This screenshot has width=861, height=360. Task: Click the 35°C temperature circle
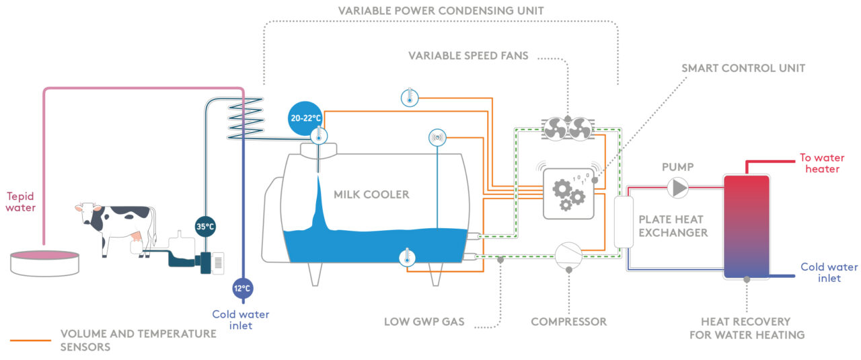pyautogui.click(x=205, y=226)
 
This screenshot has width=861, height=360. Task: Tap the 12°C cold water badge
pyautogui.click(x=242, y=288)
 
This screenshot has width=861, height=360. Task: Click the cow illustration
pyautogui.click(x=118, y=225)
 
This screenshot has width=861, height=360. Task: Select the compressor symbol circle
pyautogui.click(x=569, y=254)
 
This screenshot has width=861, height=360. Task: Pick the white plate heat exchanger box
pyautogui.click(x=625, y=222)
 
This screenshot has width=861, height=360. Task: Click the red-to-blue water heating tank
pyautogui.click(x=746, y=226)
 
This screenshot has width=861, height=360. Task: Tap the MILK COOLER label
pyautogui.click(x=371, y=194)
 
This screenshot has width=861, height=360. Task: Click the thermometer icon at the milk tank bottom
pyautogui.click(x=406, y=257)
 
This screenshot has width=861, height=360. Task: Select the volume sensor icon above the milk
pyautogui.click(x=437, y=138)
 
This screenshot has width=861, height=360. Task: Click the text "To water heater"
pyautogui.click(x=821, y=163)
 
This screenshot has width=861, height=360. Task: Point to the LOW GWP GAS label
pyautogui.click(x=424, y=322)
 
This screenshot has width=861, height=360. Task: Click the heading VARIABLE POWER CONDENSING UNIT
pyautogui.click(x=441, y=11)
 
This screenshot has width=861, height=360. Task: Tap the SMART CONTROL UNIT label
pyautogui.click(x=743, y=68)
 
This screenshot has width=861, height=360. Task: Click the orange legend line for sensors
pyautogui.click(x=30, y=340)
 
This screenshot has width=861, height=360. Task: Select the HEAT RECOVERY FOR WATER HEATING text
pyautogui.click(x=747, y=328)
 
